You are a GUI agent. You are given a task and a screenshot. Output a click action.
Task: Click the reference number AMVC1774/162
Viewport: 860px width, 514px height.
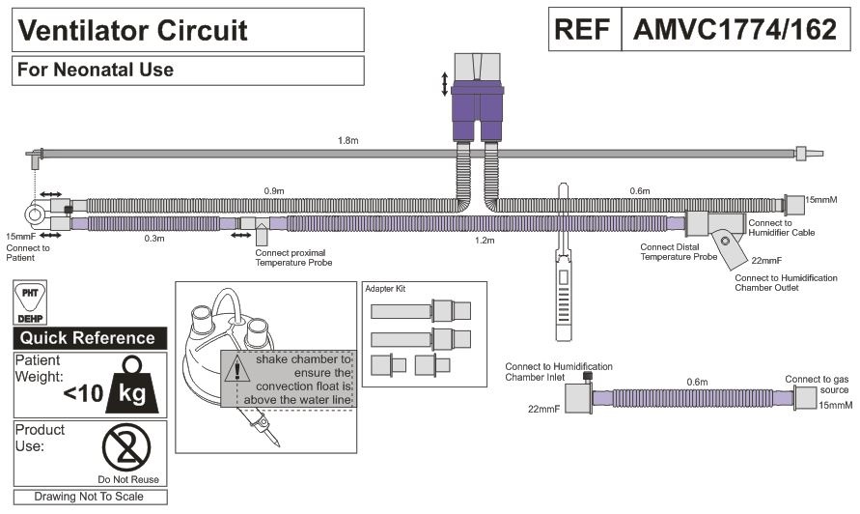(x=735, y=30)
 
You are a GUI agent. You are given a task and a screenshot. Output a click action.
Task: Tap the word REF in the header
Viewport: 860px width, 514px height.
(x=584, y=30)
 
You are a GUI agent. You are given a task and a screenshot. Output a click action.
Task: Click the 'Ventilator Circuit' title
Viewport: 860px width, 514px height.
(x=133, y=30)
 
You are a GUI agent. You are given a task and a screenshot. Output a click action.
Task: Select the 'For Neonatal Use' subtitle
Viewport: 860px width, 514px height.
(x=96, y=70)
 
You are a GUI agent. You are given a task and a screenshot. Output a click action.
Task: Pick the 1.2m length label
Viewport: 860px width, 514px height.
(x=485, y=239)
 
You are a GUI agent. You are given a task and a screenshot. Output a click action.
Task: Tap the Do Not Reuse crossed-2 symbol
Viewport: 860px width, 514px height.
(x=126, y=448)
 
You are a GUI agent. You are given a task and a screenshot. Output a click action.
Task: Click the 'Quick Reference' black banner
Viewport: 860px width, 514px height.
(x=88, y=338)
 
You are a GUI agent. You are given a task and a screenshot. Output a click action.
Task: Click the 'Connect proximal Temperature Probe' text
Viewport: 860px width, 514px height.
(x=293, y=258)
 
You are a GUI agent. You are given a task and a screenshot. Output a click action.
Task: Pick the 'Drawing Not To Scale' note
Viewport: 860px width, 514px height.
(x=88, y=497)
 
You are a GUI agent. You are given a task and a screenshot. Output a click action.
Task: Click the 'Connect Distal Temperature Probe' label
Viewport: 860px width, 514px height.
(x=679, y=252)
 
